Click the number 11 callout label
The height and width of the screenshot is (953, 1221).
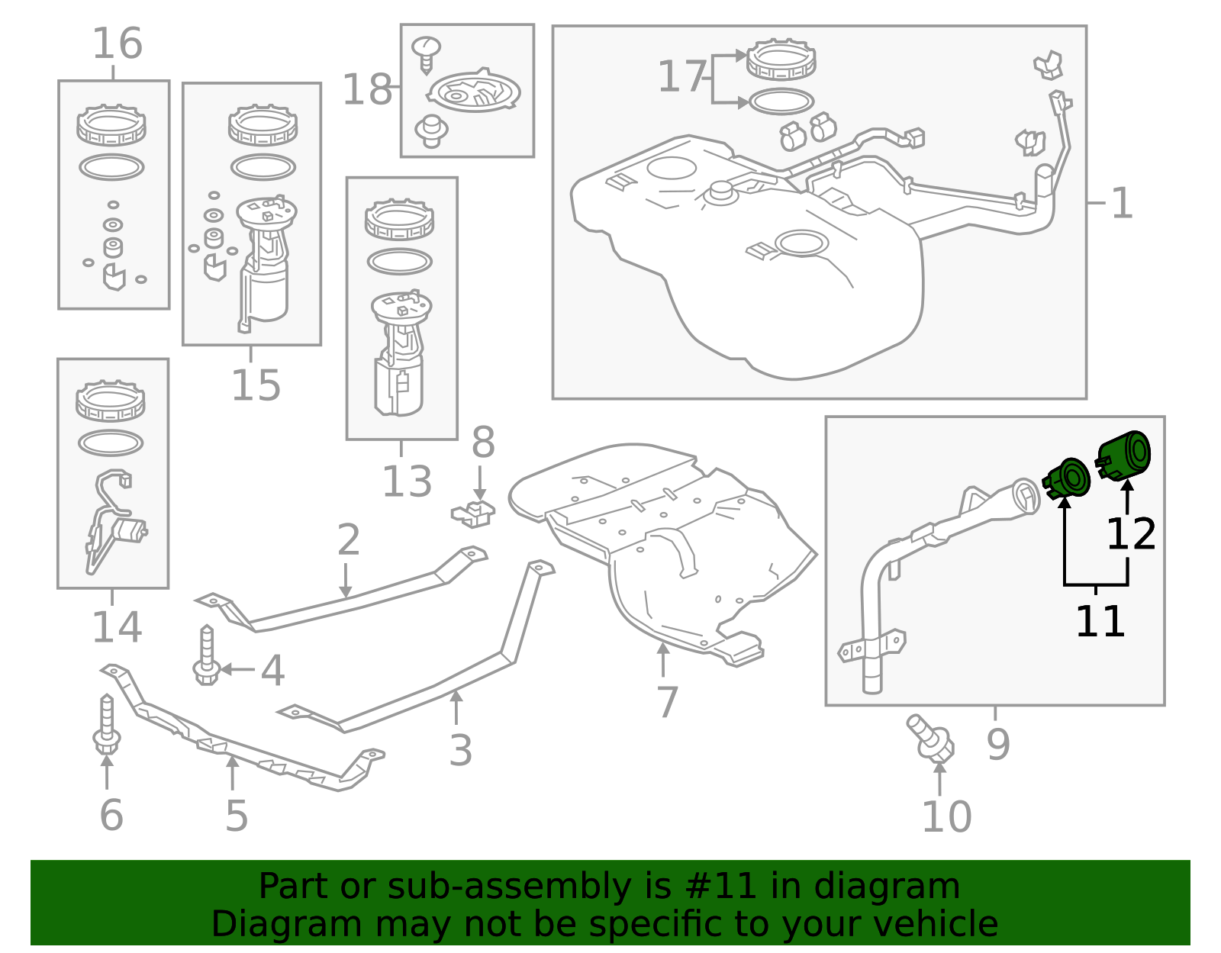pyautogui.click(x=1100, y=621)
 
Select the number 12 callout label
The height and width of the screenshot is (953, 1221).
pyautogui.click(x=1130, y=534)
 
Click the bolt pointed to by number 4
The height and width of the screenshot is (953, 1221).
pyautogui.click(x=206, y=655)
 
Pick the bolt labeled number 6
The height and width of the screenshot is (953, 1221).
pyautogui.click(x=106, y=724)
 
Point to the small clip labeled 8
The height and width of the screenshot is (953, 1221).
pyautogui.click(x=474, y=513)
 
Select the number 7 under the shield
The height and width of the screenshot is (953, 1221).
pyautogui.click(x=667, y=702)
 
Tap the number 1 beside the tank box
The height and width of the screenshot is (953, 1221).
pyautogui.click(x=1121, y=204)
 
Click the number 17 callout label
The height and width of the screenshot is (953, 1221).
pyautogui.click(x=681, y=77)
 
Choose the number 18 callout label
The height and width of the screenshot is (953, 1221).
pyautogui.click(x=367, y=90)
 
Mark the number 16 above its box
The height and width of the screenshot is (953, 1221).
pyautogui.click(x=118, y=43)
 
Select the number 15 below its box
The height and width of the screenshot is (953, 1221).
pyautogui.click(x=256, y=385)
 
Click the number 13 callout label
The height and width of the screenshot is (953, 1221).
pyautogui.click(x=406, y=481)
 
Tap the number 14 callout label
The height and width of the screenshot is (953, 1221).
pyautogui.click(x=117, y=627)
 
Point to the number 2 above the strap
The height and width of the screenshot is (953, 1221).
pyautogui.click(x=348, y=540)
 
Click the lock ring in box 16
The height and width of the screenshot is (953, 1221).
pyautogui.click(x=111, y=126)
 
